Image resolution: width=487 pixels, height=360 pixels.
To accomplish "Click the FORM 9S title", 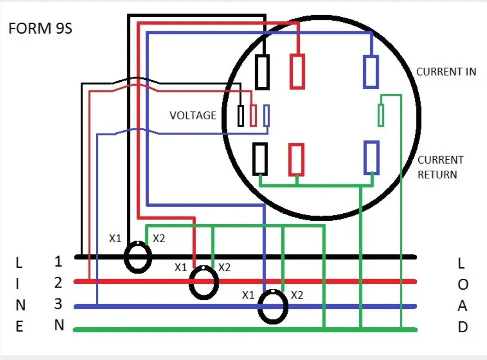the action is [x=40, y=28].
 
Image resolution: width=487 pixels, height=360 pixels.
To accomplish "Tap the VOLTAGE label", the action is [x=193, y=115].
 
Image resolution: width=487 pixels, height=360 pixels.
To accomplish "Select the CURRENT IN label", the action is [x=446, y=72].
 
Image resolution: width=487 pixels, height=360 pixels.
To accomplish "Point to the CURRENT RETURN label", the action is [x=441, y=167].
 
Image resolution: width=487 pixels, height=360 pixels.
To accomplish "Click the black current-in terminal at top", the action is [x=262, y=72].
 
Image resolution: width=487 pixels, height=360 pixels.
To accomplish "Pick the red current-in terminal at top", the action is [x=297, y=72].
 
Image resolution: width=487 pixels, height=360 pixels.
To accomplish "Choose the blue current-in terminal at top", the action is [x=371, y=72].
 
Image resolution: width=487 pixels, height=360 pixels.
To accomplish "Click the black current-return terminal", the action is [x=260, y=159].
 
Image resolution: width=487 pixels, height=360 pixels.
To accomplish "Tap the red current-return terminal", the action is [x=296, y=160].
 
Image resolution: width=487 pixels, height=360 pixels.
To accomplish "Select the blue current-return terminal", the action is [x=371, y=158].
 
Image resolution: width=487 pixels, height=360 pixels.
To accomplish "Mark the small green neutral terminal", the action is [x=381, y=115].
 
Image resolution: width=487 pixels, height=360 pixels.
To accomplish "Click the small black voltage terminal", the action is [x=241, y=116].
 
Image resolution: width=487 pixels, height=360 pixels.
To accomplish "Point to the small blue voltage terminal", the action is [x=266, y=115].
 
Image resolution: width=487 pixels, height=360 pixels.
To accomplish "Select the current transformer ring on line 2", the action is [x=190, y=282].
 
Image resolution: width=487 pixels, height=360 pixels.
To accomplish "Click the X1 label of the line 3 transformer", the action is [x=248, y=295].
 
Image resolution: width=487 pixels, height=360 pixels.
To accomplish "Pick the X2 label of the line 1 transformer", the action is [x=159, y=238].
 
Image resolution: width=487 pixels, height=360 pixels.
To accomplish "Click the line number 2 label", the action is [x=58, y=282].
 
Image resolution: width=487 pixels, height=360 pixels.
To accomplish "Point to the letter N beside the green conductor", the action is [x=59, y=325].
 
